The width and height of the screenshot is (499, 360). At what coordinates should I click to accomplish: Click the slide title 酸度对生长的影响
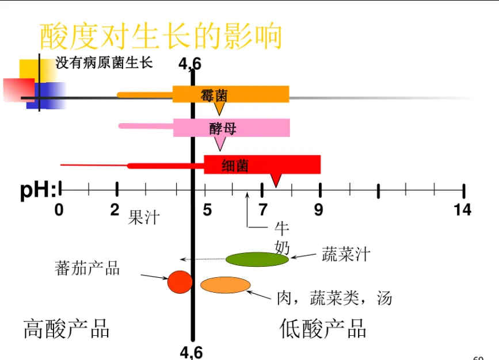[x=161, y=36]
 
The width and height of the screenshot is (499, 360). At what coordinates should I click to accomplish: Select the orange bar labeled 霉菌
[x=231, y=94]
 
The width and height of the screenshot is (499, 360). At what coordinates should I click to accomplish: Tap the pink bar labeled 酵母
[x=231, y=128]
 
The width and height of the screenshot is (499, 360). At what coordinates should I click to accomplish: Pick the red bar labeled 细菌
[x=262, y=164]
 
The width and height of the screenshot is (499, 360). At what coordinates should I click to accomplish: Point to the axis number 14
[x=462, y=210]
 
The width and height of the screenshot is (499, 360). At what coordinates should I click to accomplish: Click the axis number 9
[x=318, y=210]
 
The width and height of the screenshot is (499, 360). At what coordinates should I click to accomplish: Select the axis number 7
[x=262, y=210]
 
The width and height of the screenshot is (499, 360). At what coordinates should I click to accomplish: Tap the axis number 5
[x=207, y=210]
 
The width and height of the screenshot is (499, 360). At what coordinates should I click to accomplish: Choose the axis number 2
[x=115, y=210]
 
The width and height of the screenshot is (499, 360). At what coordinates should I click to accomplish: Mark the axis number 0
[x=59, y=210]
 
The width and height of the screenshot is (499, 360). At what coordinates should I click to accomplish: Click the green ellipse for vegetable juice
[x=257, y=259]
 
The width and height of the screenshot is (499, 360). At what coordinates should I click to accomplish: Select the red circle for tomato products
[x=180, y=282]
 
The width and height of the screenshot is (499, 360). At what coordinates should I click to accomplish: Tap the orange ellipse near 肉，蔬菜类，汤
[x=225, y=285]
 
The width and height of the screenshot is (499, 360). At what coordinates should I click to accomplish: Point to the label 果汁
[x=143, y=218]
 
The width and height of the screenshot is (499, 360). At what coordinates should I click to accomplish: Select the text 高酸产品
[x=67, y=329]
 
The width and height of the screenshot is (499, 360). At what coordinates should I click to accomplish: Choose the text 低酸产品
[x=323, y=329]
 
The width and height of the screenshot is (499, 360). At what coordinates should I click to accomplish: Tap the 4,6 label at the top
[x=190, y=64]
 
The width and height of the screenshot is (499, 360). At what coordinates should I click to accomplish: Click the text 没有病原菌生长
[x=104, y=63]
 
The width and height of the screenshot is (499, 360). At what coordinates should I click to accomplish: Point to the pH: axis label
[x=38, y=190]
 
